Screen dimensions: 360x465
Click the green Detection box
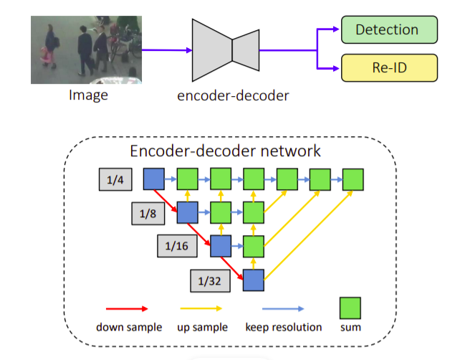pos(387,30)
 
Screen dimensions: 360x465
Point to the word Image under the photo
pos(88,94)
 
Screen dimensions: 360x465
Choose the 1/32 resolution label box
pos(211,280)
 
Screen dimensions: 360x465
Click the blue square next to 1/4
pos(154,179)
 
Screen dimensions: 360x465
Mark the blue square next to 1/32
pos(254,280)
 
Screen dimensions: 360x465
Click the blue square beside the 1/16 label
pos(221,246)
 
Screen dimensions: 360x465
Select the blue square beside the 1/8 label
pos(188,212)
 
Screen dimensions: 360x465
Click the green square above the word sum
pos(350,308)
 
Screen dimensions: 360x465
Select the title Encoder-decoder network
pos(225,151)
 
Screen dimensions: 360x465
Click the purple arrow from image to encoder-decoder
pos(166,50)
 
